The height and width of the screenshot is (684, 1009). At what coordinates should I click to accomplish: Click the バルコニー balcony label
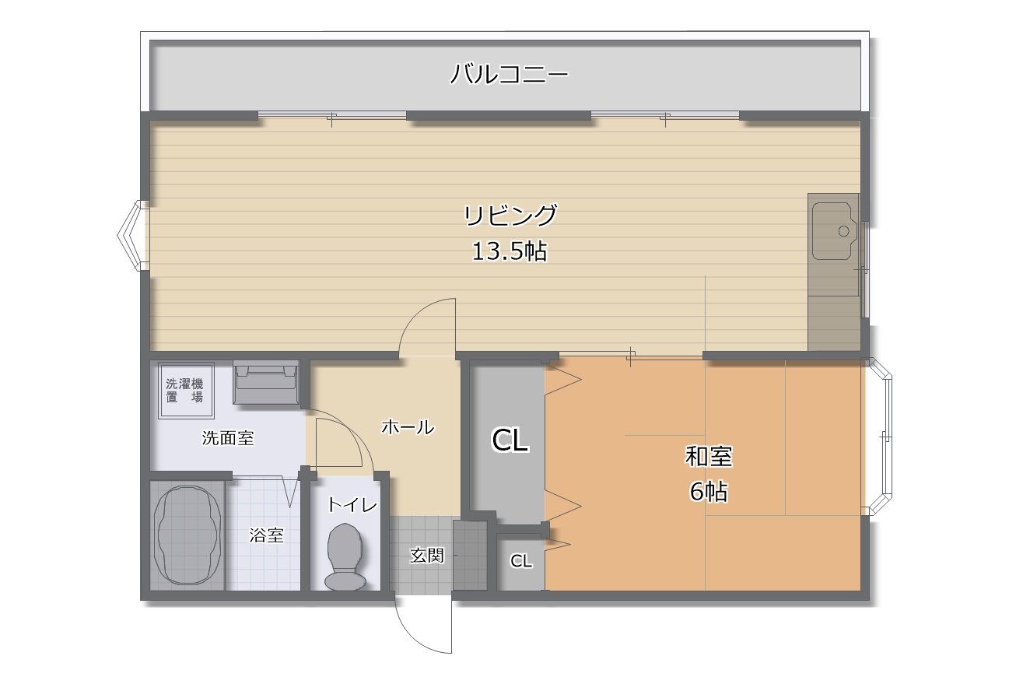[509, 75]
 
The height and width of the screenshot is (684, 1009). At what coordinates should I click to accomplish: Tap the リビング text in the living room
[510, 215]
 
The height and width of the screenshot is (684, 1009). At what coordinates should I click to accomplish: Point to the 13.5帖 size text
[510, 251]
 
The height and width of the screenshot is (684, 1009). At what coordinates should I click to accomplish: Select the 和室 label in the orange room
[709, 456]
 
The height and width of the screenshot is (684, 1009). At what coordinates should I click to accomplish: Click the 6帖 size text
[709, 491]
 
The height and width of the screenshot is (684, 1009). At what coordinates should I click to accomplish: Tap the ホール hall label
[408, 426]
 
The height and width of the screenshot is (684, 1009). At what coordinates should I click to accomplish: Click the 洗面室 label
[228, 438]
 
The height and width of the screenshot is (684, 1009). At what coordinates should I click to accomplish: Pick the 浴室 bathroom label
[267, 535]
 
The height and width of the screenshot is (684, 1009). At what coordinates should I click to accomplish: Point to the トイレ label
[352, 505]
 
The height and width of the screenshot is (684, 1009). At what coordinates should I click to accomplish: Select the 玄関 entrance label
[427, 556]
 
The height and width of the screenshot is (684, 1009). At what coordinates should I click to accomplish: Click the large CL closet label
[510, 440]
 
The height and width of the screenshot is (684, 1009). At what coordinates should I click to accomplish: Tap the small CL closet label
[520, 561]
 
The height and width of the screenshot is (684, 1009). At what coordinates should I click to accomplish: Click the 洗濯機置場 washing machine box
[186, 390]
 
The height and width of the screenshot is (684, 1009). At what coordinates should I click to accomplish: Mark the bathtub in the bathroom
[187, 535]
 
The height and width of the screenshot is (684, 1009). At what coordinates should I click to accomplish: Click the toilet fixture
[345, 557]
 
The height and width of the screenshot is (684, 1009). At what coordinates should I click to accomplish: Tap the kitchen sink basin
[835, 230]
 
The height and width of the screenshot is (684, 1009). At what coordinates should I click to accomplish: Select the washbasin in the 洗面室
[266, 382]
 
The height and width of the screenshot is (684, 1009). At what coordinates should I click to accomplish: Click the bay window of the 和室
[878, 437]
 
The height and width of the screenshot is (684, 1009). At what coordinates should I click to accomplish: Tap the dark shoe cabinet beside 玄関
[470, 555]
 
